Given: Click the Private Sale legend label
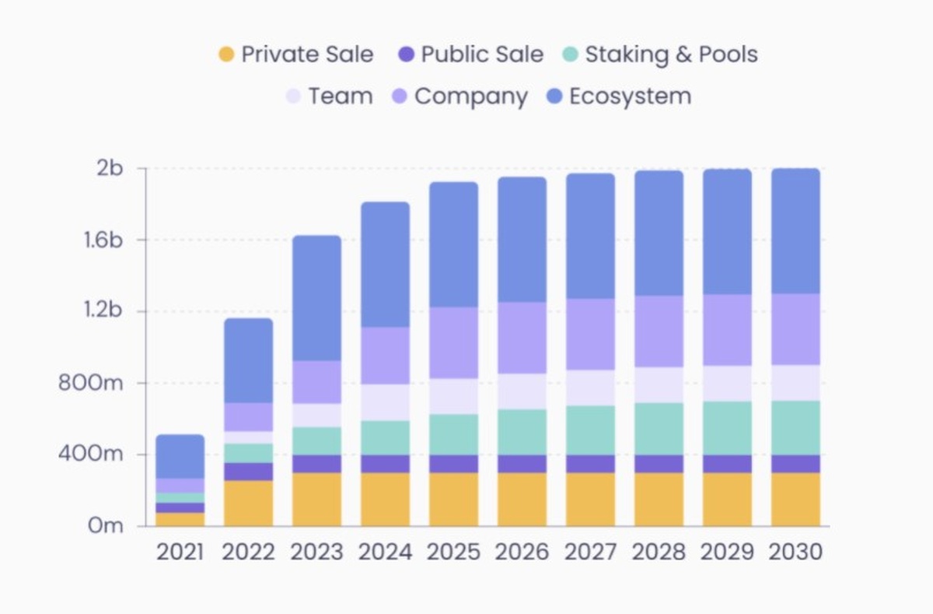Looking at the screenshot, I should pyautogui.click(x=307, y=54).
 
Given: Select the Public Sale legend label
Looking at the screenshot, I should pyautogui.click(x=482, y=54).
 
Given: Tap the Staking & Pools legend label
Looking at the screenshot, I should pyautogui.click(x=671, y=54).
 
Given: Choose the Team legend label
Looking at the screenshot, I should pyautogui.click(x=340, y=96).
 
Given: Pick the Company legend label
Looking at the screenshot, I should pyautogui.click(x=471, y=96).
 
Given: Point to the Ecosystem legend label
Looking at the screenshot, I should pyautogui.click(x=630, y=96).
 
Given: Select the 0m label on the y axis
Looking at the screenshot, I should pyautogui.click(x=105, y=526).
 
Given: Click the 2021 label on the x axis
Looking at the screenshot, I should pyautogui.click(x=180, y=553).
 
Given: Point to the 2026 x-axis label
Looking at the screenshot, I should pyautogui.click(x=522, y=553).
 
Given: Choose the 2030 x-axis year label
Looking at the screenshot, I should pyautogui.click(x=795, y=553).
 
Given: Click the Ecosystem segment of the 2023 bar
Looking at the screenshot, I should pyautogui.click(x=316, y=298).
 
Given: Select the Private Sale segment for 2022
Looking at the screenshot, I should pyautogui.click(x=248, y=503).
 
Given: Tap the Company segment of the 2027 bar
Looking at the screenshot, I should pyautogui.click(x=590, y=334).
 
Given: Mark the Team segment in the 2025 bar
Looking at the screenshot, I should pyautogui.click(x=453, y=396).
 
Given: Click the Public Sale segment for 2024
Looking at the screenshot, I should pyautogui.click(x=385, y=464).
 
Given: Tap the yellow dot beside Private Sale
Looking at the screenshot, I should pyautogui.click(x=226, y=54).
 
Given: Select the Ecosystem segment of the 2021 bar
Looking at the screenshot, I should pyautogui.click(x=180, y=456).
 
